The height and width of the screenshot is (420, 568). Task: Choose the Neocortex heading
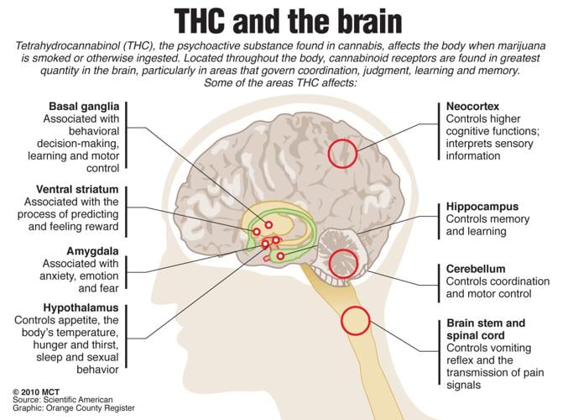coord(472,108)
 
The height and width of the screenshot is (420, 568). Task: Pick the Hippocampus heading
coord(482,207)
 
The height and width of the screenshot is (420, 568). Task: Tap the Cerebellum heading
coord(476,269)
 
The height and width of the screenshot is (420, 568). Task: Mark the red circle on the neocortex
coord(342,153)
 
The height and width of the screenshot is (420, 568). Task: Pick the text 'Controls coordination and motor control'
coord(497,287)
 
